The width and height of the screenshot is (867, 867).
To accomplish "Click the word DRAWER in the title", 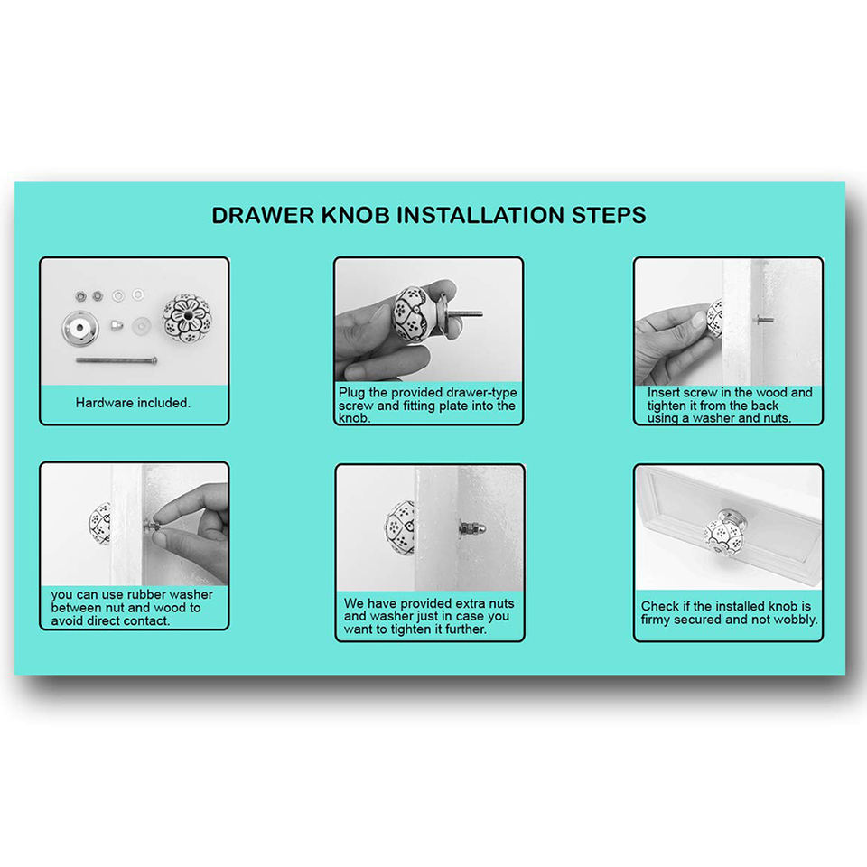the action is click(x=263, y=215).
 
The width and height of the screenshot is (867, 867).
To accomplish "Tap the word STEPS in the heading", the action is click(x=609, y=215).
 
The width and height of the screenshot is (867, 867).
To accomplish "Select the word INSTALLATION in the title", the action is click(x=481, y=215).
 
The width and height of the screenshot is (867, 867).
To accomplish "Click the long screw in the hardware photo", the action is click(x=117, y=360).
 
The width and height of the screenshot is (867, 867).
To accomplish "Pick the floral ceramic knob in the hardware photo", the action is click(x=188, y=318).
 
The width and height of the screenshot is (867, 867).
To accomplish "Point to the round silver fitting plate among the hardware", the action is click(x=80, y=329).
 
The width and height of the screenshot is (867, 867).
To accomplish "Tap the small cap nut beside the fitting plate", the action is click(x=116, y=324).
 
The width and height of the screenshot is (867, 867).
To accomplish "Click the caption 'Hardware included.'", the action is click(x=133, y=403).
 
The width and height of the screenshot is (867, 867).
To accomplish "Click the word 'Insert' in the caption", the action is click(x=664, y=392).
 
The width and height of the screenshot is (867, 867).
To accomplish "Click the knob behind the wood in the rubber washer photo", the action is click(x=100, y=524).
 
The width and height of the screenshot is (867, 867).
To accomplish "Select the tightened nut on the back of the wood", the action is click(x=471, y=528).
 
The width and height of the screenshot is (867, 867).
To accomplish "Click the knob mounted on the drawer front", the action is click(x=726, y=532).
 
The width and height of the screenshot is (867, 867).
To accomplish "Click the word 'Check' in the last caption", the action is click(x=660, y=606).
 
